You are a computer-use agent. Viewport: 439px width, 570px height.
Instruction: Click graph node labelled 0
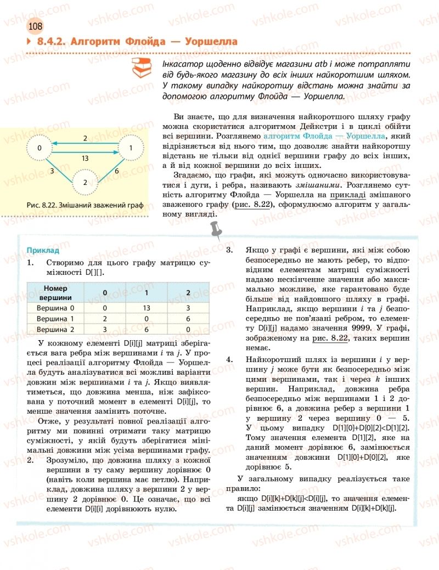pos(40,148)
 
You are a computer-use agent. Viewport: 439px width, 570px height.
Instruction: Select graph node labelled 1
pos(131,148)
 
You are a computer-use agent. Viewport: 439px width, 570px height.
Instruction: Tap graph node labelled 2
pos(85,182)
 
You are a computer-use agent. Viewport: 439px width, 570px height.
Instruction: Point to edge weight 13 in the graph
pos(85,158)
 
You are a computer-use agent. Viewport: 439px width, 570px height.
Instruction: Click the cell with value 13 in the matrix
pos(146,308)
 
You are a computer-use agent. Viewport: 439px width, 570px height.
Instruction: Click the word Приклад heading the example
pos(39,250)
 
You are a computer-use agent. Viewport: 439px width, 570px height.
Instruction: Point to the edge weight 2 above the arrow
pos(85,138)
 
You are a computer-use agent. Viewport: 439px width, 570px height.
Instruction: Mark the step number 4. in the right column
pos(229,359)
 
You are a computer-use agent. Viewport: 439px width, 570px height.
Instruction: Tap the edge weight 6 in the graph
pos(117,171)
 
